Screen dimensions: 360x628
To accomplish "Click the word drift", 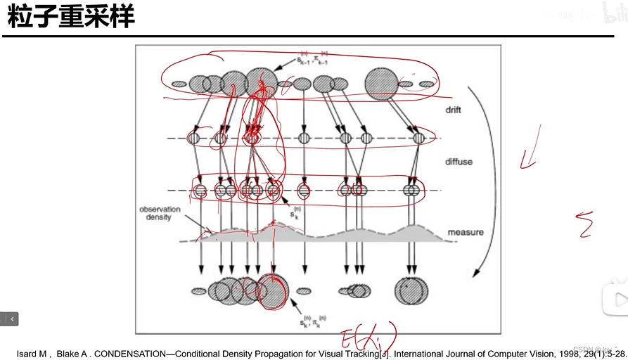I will [x=453, y=110].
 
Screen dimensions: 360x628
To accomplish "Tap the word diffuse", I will [x=459, y=162].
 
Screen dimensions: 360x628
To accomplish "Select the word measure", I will [x=465, y=232].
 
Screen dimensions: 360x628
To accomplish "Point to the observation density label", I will [x=160, y=214].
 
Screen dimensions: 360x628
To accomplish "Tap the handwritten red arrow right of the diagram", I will [x=530, y=148].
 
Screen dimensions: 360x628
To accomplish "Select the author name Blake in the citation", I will [x=69, y=354].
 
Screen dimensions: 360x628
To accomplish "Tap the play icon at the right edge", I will [x=619, y=300].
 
